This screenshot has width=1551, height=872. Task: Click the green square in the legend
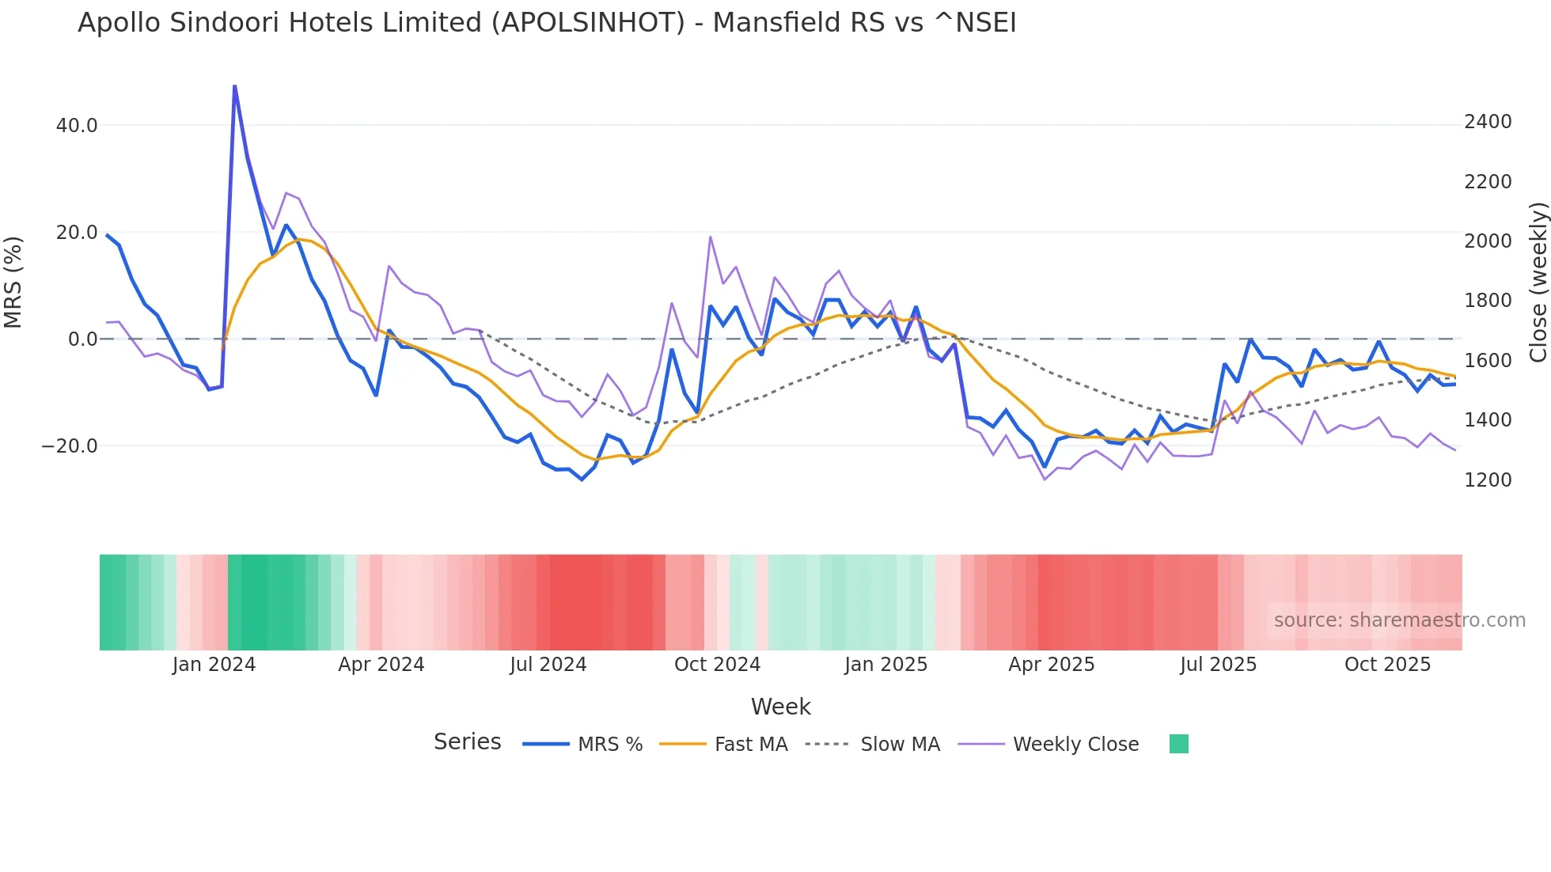[x=1178, y=744]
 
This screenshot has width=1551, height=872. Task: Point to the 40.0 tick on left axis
[x=77, y=126]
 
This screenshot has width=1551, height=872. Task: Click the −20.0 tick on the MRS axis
[x=70, y=446]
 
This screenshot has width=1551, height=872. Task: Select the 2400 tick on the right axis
[x=1488, y=122]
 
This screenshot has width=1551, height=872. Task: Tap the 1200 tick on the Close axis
[x=1488, y=480]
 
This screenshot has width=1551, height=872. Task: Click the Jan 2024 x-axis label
[x=214, y=665]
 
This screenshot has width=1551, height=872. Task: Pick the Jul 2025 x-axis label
[x=1218, y=665]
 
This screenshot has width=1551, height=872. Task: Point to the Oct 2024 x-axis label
[x=717, y=665]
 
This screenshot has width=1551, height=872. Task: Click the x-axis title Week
[x=780, y=707]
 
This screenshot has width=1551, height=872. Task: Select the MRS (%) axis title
[x=13, y=282]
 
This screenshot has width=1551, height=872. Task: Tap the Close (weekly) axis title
[x=1538, y=282]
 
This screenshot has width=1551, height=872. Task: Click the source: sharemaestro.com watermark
[x=1399, y=620]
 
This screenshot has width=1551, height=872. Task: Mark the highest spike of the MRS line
[x=235, y=86]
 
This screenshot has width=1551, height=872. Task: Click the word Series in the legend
[x=467, y=742]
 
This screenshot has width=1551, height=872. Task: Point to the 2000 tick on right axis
[x=1488, y=241]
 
